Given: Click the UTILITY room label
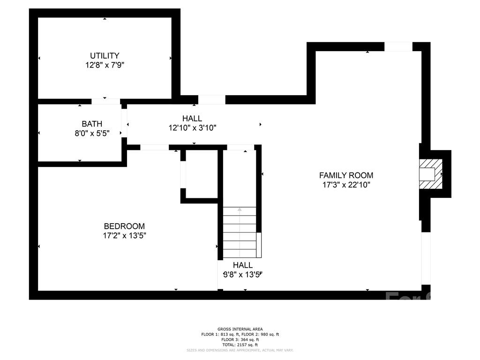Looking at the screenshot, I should pos(105,55).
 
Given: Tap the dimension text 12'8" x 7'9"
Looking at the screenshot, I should pos(105,65).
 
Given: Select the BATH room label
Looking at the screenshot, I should pos(92,124).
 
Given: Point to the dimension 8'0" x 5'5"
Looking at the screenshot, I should pos(92,133).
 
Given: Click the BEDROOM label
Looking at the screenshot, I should pos(124,226).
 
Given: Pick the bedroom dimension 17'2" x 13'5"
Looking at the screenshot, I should pos(124,236).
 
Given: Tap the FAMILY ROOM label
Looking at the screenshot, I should pos(346,175).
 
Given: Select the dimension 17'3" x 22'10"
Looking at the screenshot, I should pos(346,185).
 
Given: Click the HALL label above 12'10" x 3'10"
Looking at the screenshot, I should pos(192,118).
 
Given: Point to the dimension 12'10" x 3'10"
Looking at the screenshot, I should pos(192,127).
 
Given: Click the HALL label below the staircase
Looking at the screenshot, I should pos(243,265).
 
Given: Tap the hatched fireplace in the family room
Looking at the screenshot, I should pos(430,173).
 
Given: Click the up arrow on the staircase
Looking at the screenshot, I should pos(240,210).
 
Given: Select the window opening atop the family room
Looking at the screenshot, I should pos(398,46).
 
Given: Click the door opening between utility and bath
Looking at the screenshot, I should pos(105,101).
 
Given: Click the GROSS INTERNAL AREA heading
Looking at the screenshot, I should pos(240,329).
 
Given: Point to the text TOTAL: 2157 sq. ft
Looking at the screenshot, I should pos(240,345).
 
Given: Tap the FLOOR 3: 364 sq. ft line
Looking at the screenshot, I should pos(240,339).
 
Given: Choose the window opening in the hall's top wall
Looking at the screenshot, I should pos(211,99).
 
